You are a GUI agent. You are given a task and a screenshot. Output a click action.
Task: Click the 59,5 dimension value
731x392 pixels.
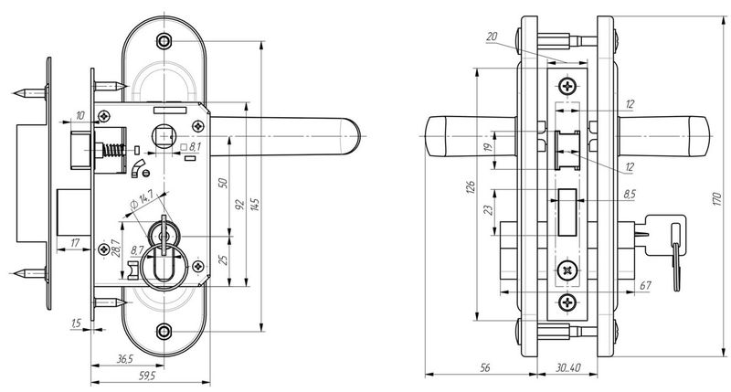(x=145, y=375)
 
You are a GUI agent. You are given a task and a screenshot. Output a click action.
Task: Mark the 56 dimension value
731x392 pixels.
(x=485, y=368)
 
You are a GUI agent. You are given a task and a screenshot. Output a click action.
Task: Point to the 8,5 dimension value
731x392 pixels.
(x=630, y=194)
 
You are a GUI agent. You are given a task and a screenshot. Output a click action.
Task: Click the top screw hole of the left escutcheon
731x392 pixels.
(x=164, y=41)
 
